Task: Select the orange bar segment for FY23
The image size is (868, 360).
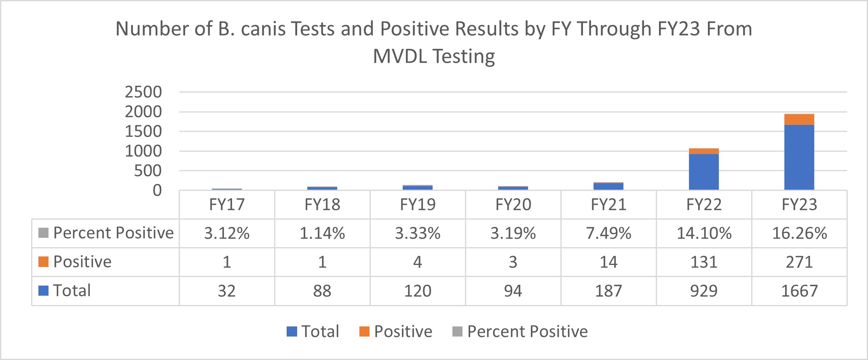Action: click(799, 119)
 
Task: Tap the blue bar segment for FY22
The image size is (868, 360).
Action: click(703, 172)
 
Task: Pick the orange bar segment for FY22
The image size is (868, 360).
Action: click(703, 151)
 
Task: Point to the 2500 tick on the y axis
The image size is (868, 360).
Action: click(143, 92)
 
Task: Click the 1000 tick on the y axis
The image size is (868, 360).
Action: click(143, 151)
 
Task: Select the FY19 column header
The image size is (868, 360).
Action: click(418, 205)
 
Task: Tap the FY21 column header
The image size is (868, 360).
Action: click(608, 205)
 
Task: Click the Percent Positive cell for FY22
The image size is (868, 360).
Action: click(704, 233)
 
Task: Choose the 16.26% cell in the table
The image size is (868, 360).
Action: click(799, 233)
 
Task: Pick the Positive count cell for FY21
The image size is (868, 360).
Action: click(608, 262)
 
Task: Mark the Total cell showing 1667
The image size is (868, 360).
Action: click(799, 291)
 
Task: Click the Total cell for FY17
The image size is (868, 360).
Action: click(227, 291)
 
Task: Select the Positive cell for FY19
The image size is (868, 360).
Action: click(418, 262)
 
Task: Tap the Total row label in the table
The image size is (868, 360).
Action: click(72, 291)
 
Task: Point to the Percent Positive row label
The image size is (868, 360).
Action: click(113, 233)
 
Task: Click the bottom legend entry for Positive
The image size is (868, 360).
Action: click(403, 332)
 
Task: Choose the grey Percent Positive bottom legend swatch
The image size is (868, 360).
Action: click(457, 332)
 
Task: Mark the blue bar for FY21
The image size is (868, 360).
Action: click(608, 186)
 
